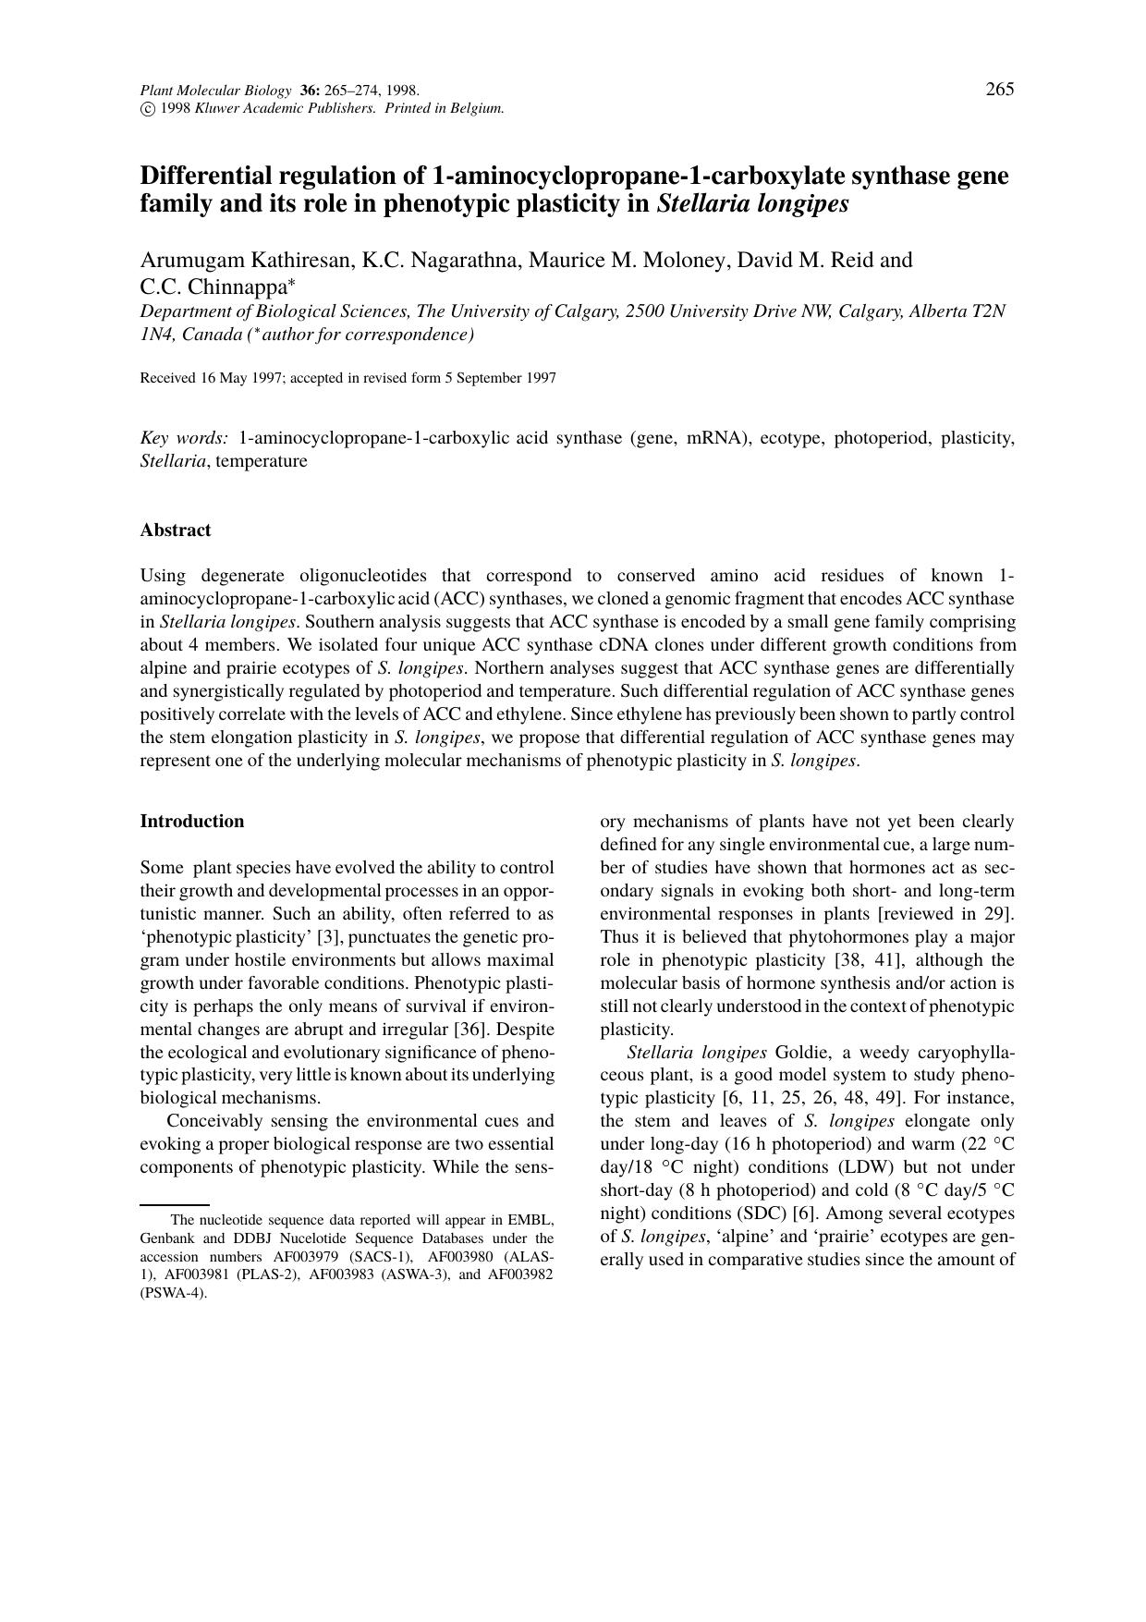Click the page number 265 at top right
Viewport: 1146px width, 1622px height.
(x=1000, y=89)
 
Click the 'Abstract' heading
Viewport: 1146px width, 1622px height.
(x=176, y=530)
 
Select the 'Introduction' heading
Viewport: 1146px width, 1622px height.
(x=192, y=821)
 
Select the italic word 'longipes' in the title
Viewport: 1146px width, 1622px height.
(x=801, y=203)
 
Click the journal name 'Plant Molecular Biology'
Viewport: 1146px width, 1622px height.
(x=215, y=91)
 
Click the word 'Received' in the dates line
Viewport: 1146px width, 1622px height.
(x=167, y=378)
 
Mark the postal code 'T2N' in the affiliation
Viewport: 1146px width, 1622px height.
(x=988, y=311)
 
